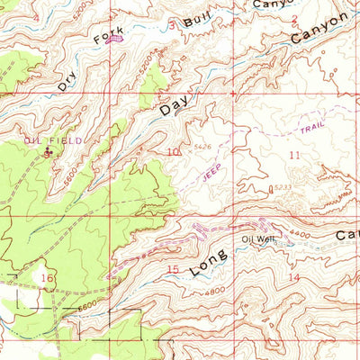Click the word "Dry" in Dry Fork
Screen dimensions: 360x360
[x=67, y=80]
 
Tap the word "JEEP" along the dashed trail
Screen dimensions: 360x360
[x=213, y=171]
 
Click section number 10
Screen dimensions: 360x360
[x=171, y=153]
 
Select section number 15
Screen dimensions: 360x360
[x=173, y=269]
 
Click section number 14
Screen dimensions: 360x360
[x=294, y=278]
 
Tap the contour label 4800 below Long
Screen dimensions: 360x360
[x=212, y=291]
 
